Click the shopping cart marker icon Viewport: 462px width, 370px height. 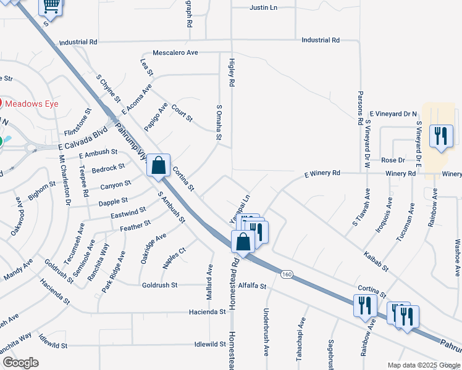pos(51,7)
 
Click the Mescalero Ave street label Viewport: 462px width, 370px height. pos(175,53)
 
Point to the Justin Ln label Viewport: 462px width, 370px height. pos(264,8)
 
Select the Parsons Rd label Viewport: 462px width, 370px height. pos(360,109)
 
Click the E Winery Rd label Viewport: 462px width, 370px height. pos(322,174)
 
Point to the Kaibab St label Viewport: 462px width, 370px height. pos(376,261)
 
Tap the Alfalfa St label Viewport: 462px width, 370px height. pos(251,286)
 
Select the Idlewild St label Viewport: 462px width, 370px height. pos(209,344)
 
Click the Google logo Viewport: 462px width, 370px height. pos(20,363)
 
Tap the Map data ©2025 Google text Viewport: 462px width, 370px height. pos(423,365)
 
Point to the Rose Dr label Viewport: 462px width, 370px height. pos(393,160)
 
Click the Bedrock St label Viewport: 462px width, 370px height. pos(108,168)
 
